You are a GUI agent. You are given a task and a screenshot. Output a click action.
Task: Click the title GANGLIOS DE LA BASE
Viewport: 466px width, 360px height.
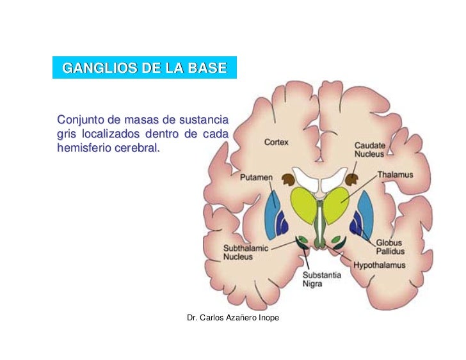(144, 67)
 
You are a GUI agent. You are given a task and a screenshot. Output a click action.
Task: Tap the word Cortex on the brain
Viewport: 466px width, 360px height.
(277, 141)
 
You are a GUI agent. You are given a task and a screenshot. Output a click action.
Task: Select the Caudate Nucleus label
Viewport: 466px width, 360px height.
(370, 150)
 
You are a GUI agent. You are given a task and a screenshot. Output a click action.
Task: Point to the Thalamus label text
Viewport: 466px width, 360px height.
(395, 174)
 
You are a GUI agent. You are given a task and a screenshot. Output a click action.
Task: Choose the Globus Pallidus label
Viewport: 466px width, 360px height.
(390, 247)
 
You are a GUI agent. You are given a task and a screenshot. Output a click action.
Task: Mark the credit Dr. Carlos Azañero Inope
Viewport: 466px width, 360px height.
(232, 317)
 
